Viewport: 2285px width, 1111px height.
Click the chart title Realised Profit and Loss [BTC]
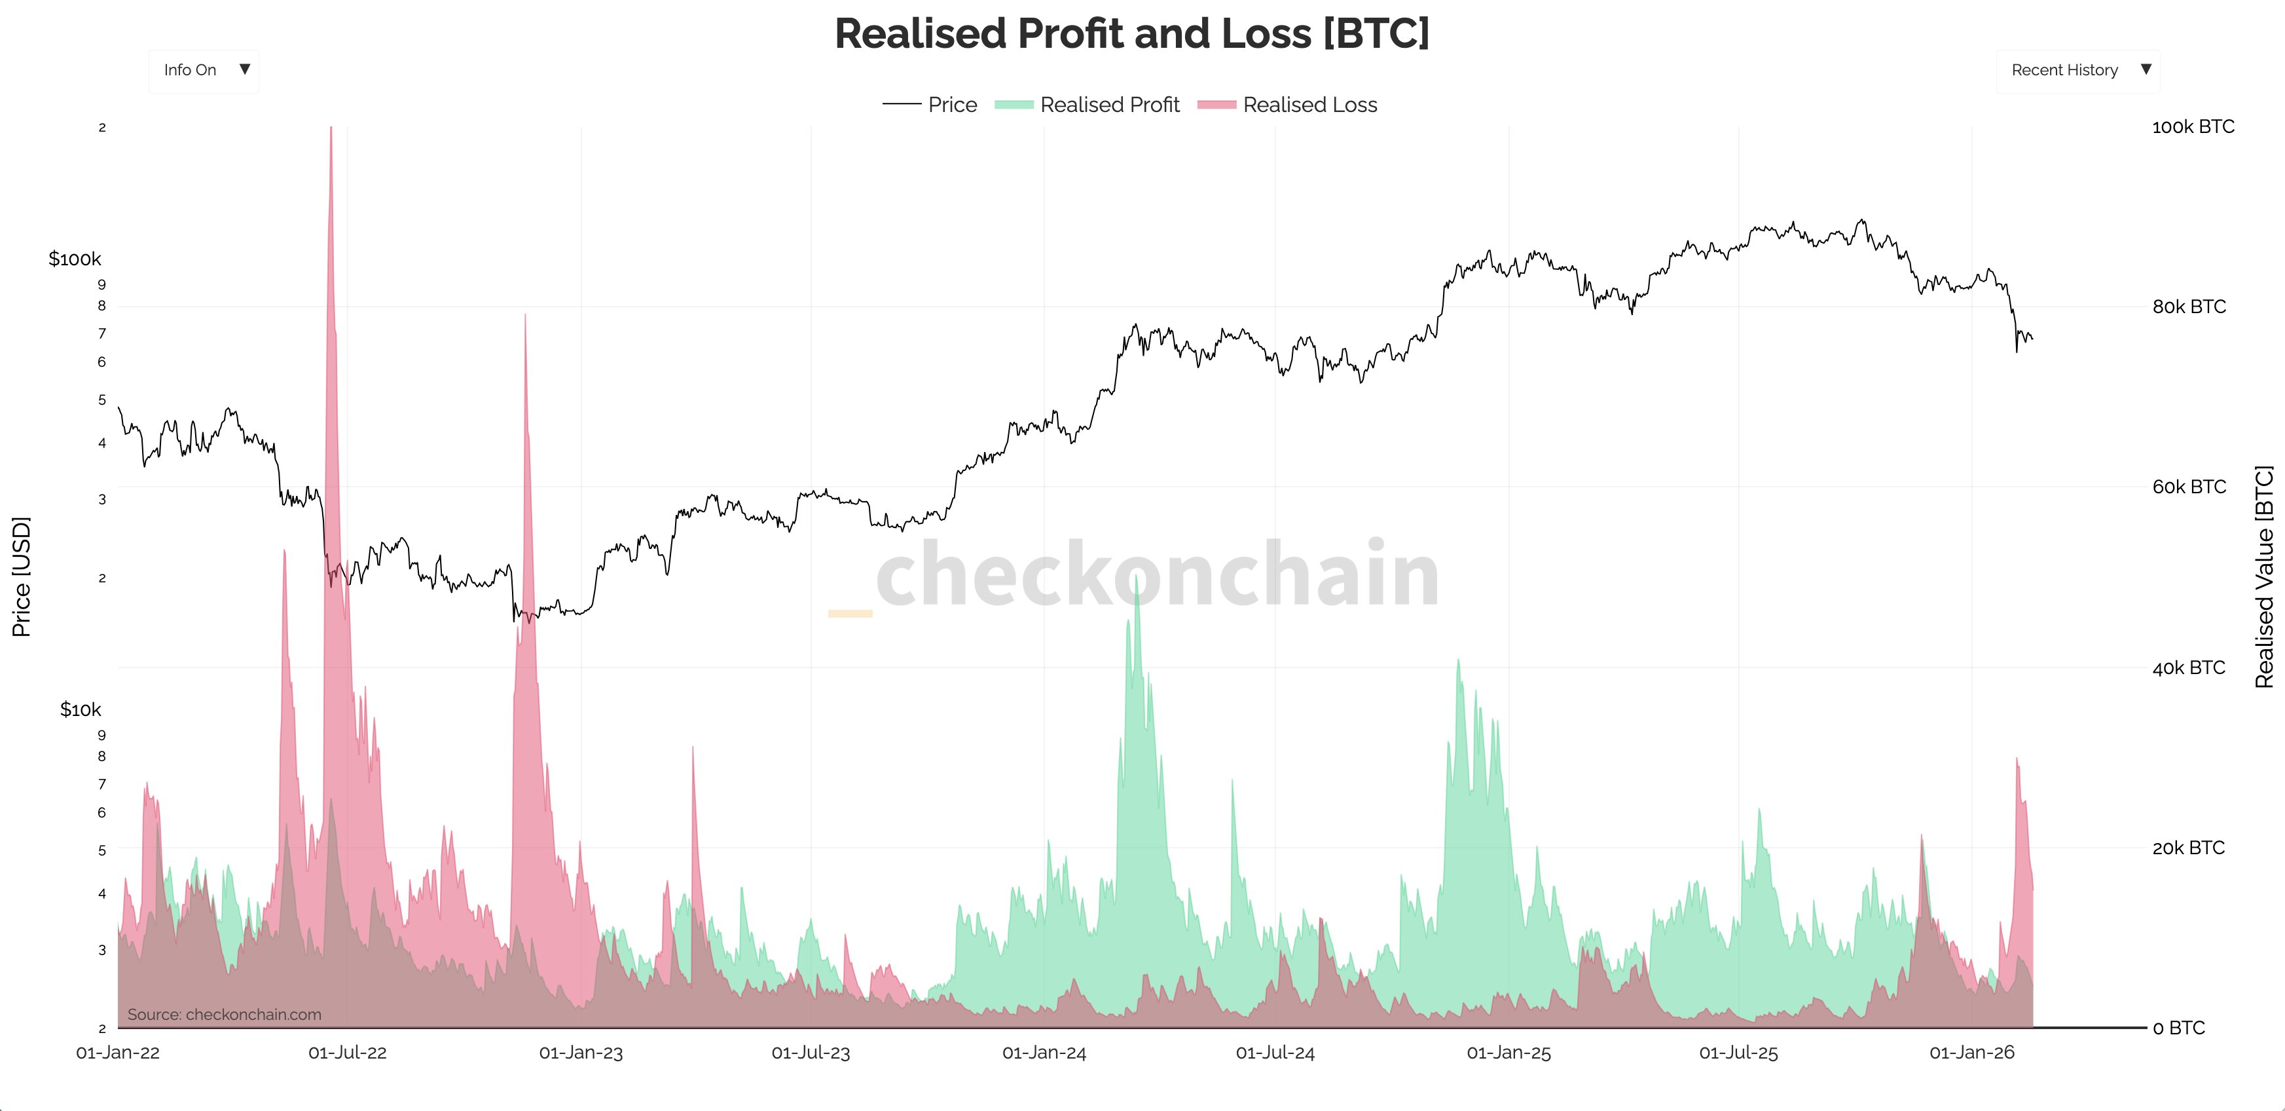1132,33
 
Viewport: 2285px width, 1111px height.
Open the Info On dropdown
205,70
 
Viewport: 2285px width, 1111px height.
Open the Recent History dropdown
2077,70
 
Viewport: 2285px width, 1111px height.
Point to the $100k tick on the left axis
75,259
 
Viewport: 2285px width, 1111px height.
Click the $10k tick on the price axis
80,709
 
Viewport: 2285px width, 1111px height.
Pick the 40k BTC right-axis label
2188,668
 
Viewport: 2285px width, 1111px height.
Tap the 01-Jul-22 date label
347,1053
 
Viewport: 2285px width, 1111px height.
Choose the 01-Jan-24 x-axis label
1044,1053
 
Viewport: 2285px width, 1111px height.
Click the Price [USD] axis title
22,577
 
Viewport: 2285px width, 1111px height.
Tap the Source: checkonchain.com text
225,1014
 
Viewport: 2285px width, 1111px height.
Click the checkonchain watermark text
1157,575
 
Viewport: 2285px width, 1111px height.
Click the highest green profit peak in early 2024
1137,578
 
